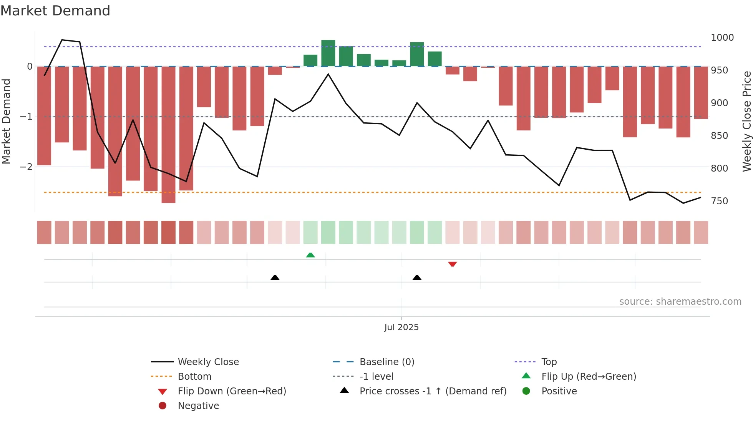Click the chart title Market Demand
tap(55, 11)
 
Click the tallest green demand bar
tap(328, 53)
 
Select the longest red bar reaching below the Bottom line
tap(168, 135)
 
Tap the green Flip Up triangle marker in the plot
tap(310, 255)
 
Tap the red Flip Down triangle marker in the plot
tap(452, 264)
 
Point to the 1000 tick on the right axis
tap(722, 38)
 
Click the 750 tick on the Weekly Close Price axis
tap(719, 201)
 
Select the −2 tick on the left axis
tap(26, 167)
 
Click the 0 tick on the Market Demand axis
tap(30, 67)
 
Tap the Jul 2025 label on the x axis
tap(401, 327)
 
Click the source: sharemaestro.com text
tap(680, 302)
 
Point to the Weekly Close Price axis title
tap(746, 121)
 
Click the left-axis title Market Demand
tap(6, 121)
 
